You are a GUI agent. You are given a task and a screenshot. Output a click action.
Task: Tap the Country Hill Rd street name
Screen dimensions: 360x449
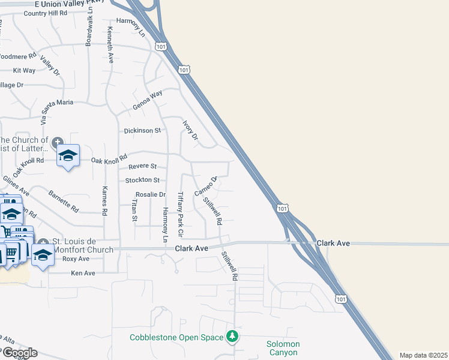46,13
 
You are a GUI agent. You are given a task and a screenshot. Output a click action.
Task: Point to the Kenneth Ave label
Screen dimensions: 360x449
110,44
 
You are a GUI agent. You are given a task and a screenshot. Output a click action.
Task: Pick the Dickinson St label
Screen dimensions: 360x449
143,130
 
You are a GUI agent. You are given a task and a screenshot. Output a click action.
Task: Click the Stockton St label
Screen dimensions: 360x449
142,180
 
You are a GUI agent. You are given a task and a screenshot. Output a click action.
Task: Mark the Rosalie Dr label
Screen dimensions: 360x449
150,194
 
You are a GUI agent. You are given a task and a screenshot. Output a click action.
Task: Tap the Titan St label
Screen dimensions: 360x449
134,211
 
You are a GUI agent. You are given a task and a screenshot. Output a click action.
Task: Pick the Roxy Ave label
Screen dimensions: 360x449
76,259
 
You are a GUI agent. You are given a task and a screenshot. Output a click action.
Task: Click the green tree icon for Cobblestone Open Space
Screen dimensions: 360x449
232,336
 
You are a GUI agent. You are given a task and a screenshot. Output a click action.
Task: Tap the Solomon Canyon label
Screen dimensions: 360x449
283,348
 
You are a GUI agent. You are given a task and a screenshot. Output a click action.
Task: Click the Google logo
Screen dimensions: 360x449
19,353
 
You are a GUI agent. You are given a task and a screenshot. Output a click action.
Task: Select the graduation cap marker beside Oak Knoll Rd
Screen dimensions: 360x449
68,156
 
